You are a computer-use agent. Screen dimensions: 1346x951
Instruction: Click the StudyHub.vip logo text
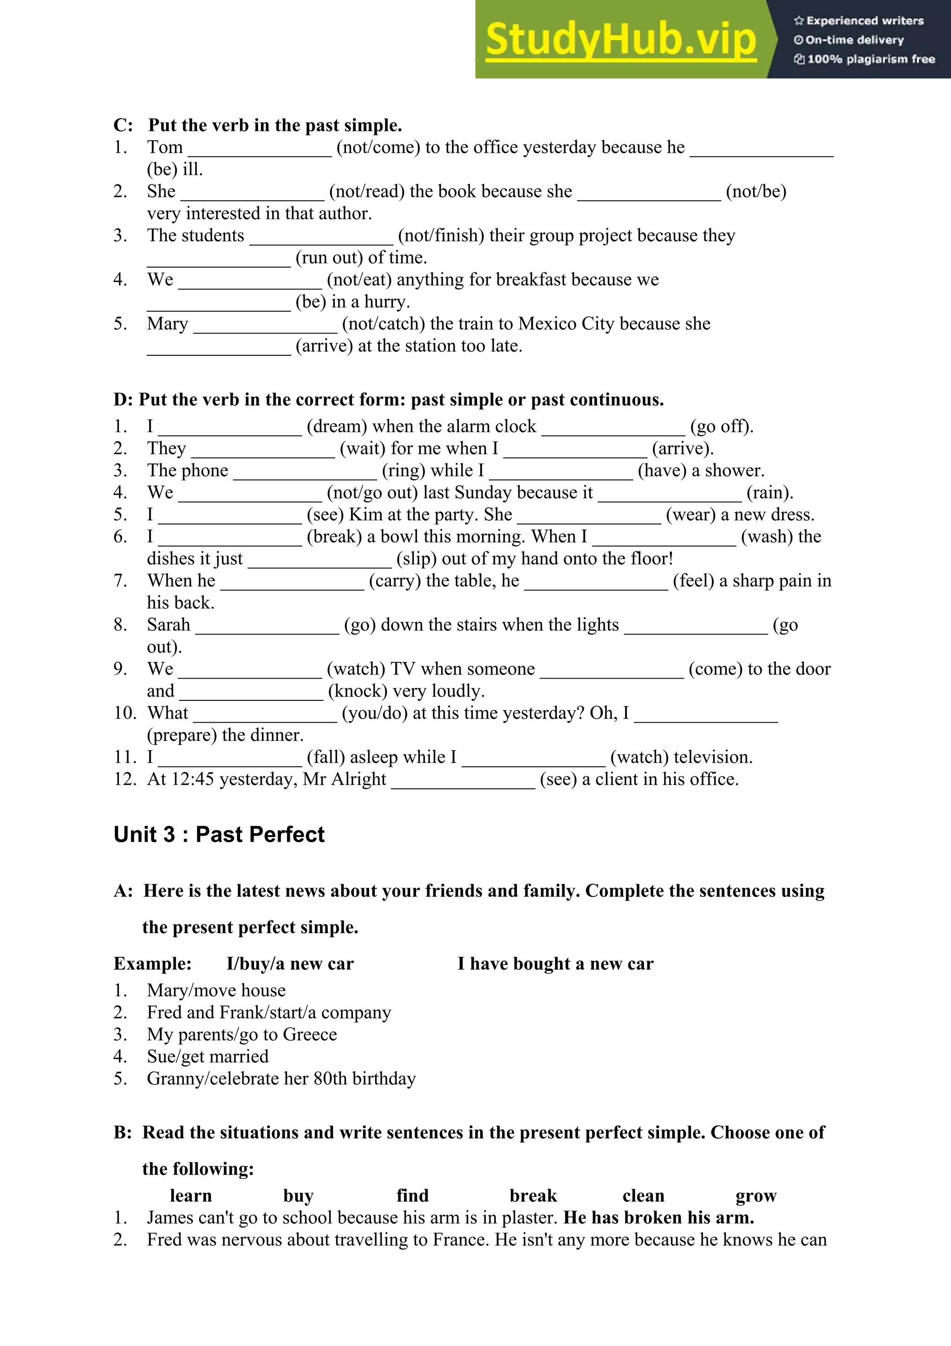click(x=620, y=40)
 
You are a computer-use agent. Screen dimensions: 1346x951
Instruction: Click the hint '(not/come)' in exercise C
click(x=378, y=147)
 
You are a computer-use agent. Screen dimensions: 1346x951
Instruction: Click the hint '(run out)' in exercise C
click(x=329, y=257)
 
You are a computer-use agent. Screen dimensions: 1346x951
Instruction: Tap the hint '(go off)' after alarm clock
click(x=721, y=426)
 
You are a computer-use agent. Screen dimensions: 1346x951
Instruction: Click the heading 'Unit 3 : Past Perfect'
click(x=219, y=834)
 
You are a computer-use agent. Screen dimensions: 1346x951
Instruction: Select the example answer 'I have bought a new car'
click(x=555, y=963)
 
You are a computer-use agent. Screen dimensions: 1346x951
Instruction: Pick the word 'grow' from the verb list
click(x=756, y=1196)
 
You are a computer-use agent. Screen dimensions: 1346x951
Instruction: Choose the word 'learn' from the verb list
click(x=190, y=1196)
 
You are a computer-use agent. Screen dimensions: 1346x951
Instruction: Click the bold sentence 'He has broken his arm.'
click(x=658, y=1218)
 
